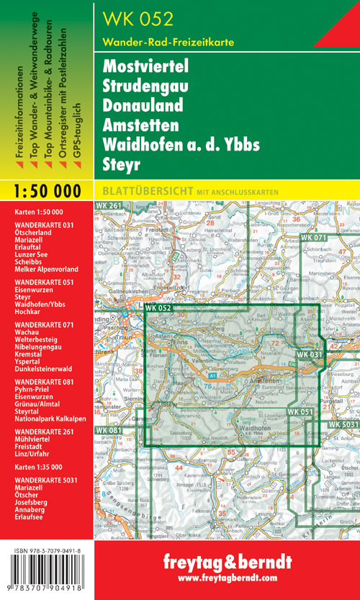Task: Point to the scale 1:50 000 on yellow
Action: (47, 191)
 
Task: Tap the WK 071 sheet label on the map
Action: (315, 238)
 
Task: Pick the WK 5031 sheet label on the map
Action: (344, 425)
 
